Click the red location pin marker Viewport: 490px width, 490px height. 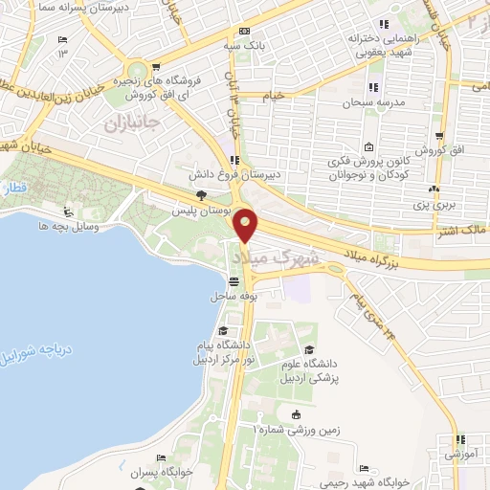tap(246, 226)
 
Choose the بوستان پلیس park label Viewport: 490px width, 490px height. tap(195, 210)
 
